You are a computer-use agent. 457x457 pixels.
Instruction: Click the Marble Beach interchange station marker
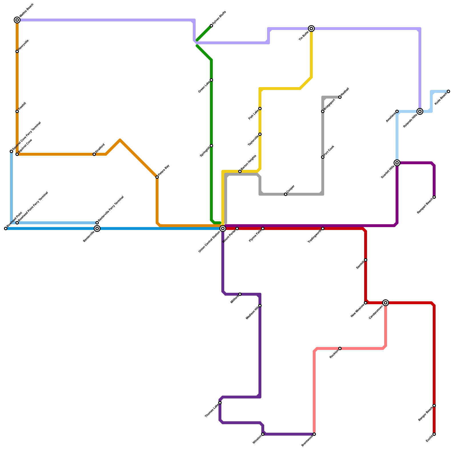point(17,20)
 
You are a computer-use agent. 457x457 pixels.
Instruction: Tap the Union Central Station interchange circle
point(223,228)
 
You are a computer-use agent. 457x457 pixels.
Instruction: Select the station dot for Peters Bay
point(157,177)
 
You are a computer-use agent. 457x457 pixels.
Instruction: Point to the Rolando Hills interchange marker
point(420,111)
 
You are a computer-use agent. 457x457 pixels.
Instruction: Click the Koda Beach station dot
point(448,91)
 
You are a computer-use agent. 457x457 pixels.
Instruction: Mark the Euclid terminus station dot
point(434,434)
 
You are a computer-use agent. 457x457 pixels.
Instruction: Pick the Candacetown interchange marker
point(386,303)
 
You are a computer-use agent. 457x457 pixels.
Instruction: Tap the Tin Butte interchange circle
point(311,29)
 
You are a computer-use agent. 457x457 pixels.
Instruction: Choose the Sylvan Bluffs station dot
point(211,26)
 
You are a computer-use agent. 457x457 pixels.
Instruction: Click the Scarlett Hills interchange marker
point(397,163)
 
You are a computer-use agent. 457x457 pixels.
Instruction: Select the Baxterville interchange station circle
point(97,228)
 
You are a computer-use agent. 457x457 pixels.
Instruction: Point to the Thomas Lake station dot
point(220,403)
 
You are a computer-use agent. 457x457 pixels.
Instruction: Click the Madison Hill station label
point(252,313)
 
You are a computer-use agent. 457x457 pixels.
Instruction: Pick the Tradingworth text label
point(314,236)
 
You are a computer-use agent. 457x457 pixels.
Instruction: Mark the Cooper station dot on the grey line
point(286,194)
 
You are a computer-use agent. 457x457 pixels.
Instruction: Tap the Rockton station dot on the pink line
point(340,348)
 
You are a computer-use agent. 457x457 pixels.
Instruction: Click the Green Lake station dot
point(211,80)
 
